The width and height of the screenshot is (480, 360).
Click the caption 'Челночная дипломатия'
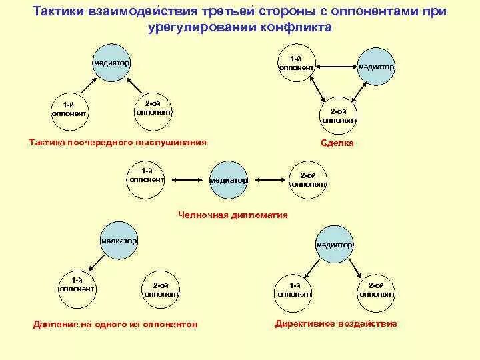click(x=233, y=215)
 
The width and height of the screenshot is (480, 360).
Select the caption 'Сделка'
click(x=337, y=143)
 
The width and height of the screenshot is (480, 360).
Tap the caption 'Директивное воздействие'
click(x=335, y=323)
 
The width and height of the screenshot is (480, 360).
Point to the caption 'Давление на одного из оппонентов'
click(x=115, y=324)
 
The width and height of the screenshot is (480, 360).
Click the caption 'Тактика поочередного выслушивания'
click(x=118, y=142)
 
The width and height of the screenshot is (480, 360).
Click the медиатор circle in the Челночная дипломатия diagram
click(x=229, y=179)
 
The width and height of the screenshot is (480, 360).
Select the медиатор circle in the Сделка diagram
click(x=376, y=67)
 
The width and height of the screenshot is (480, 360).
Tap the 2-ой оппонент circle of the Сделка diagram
click(x=339, y=115)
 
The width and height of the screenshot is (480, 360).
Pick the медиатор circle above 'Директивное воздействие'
click(x=334, y=245)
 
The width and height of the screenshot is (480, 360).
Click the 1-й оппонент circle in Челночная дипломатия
click(x=147, y=179)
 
